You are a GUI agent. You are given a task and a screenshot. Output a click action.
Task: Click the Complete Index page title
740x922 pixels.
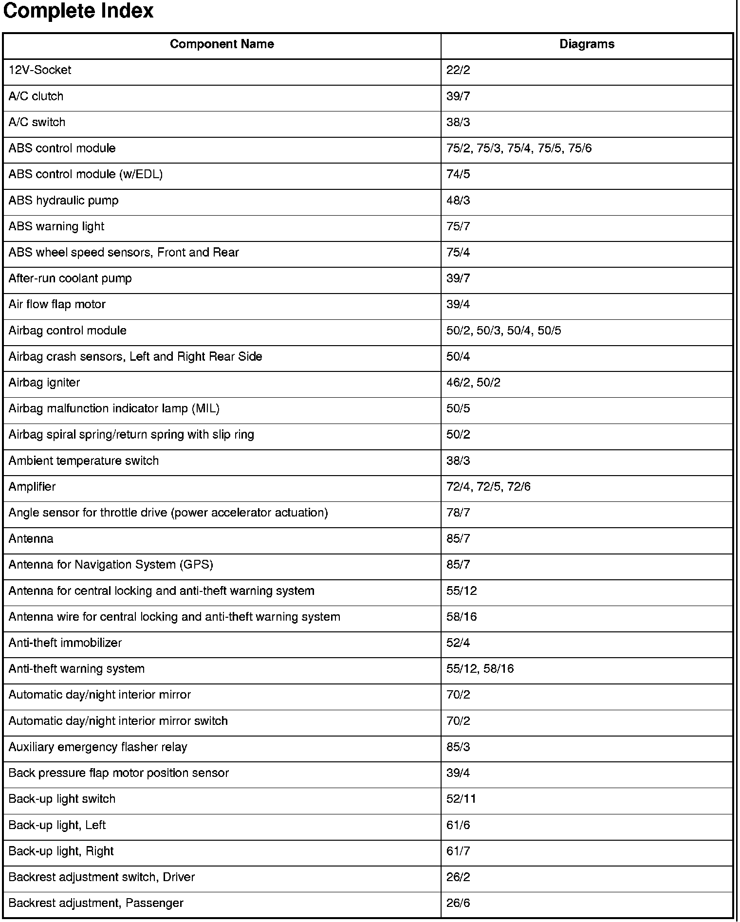[x=78, y=11]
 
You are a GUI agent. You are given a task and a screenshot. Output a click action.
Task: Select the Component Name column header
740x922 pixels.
[x=222, y=44]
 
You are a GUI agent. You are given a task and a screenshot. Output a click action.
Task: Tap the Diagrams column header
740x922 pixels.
[x=587, y=44]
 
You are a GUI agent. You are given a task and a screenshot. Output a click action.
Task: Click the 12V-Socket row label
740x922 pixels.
[x=40, y=70]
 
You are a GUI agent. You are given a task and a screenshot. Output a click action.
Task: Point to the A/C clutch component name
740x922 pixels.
[x=36, y=96]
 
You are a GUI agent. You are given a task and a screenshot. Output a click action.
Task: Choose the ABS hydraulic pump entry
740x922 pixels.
[x=63, y=201]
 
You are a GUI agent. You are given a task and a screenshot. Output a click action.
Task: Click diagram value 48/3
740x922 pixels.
[x=458, y=201]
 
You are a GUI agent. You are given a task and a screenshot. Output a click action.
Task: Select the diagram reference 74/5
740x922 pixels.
[x=458, y=174]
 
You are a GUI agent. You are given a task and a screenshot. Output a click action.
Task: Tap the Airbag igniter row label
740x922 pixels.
[x=44, y=383]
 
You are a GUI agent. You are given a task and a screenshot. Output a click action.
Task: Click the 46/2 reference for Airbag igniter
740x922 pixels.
[x=458, y=383]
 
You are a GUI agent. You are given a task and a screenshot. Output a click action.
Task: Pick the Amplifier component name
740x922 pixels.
[x=32, y=487]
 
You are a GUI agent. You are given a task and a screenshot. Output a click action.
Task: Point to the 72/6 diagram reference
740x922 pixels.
[x=519, y=487]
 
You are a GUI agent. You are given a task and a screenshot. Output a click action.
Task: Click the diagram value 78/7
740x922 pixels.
[x=458, y=513]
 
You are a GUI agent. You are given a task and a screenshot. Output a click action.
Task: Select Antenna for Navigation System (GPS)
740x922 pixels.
[x=111, y=565]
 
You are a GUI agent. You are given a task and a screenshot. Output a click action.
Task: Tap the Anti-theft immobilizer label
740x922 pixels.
[x=65, y=643]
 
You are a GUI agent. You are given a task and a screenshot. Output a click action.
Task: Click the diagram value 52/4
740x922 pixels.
[x=458, y=643]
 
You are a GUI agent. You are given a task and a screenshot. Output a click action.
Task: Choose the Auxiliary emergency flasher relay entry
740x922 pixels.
[x=98, y=747]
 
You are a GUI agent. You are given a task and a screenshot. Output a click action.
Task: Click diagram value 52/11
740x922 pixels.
[x=461, y=799]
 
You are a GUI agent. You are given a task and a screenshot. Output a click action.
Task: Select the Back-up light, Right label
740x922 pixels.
[x=61, y=851]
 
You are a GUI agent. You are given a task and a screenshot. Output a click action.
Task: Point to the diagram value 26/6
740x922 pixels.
[x=458, y=904]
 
